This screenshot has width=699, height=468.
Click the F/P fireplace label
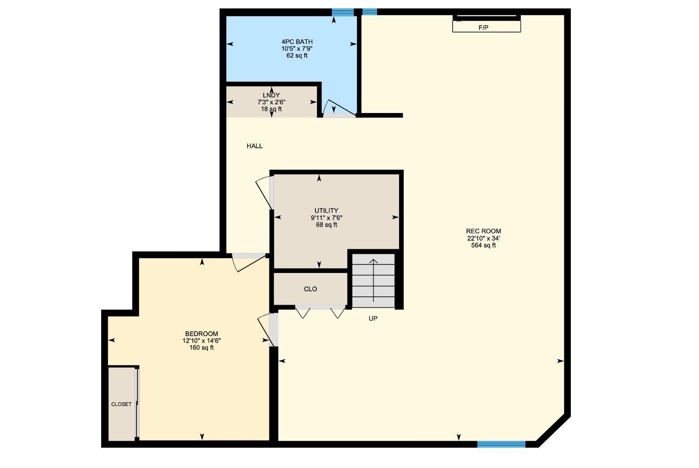pyautogui.click(x=483, y=27)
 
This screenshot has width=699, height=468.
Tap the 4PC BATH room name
pyautogui.click(x=297, y=42)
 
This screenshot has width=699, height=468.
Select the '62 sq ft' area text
pyautogui.click(x=297, y=56)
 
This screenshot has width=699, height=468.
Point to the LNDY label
pyautogui.click(x=271, y=95)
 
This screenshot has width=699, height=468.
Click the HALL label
pyautogui.click(x=255, y=146)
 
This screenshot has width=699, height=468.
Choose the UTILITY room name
pyautogui.click(x=326, y=210)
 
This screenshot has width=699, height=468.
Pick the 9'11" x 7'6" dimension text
pyautogui.click(x=326, y=218)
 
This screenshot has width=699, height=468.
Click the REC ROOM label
pyautogui.click(x=483, y=231)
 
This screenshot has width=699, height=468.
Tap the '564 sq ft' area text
pyautogui.click(x=483, y=245)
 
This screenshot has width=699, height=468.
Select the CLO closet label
pyautogui.click(x=310, y=289)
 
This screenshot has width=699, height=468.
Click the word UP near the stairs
pyautogui.click(x=373, y=318)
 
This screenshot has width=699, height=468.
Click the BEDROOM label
pyautogui.click(x=201, y=334)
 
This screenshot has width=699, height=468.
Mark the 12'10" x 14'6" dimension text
pyautogui.click(x=201, y=341)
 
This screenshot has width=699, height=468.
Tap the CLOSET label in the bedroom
pyautogui.click(x=121, y=404)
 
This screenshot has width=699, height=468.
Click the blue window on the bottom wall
pyautogui.click(x=501, y=444)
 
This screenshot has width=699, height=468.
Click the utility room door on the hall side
pyautogui.click(x=265, y=192)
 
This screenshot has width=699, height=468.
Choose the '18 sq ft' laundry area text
pyautogui.click(x=271, y=109)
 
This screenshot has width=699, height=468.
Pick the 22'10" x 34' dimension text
pyautogui.click(x=483, y=238)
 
